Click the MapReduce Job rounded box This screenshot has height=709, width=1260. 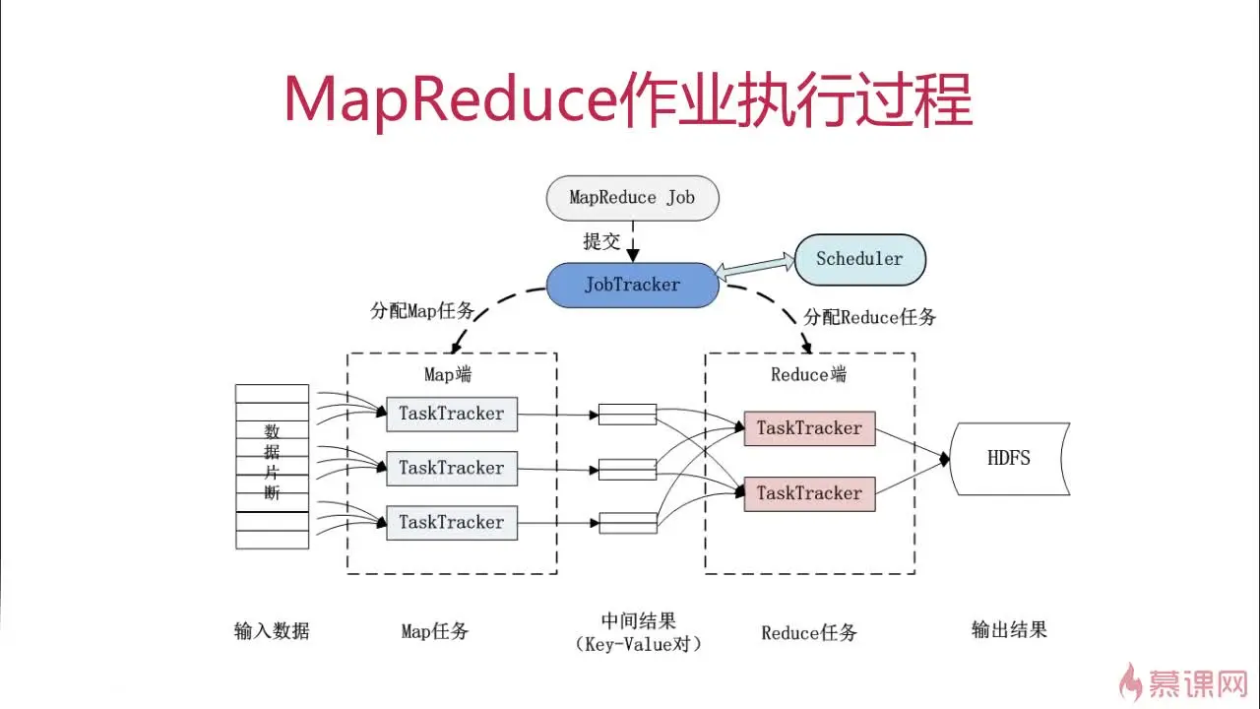tap(632, 197)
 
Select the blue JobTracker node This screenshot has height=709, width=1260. tap(632, 285)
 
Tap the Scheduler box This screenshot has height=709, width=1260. tap(859, 259)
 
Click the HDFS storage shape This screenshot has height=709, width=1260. tap(1009, 458)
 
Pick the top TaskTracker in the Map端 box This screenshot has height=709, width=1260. tap(451, 414)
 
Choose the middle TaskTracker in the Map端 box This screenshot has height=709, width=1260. tap(451, 468)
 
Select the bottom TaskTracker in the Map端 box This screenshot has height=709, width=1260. tap(451, 522)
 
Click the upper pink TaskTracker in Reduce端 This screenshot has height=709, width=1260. tap(809, 428)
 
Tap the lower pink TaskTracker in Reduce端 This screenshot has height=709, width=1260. tap(809, 493)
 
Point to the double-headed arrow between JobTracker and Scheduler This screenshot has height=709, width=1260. tap(756, 266)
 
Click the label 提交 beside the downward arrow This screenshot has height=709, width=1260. tap(601, 240)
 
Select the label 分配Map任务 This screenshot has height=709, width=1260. tap(422, 311)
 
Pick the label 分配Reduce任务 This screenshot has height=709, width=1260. tap(870, 317)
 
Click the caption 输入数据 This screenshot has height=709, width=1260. tap(272, 630)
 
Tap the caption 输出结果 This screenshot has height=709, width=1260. tap(1009, 629)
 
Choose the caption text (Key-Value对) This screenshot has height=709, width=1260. tap(638, 644)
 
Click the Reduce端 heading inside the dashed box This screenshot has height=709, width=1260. tap(808, 374)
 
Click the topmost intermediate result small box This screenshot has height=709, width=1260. tap(627, 414)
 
